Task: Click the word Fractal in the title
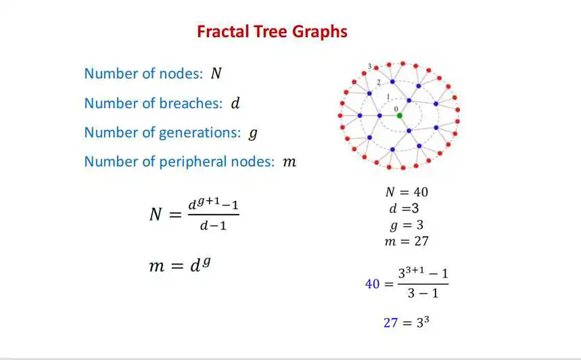coord(223,32)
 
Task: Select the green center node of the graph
coord(400,116)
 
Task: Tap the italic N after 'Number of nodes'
coord(216,73)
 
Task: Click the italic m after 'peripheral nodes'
coord(289,162)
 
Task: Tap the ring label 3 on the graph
coord(369,66)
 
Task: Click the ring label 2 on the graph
coord(378,83)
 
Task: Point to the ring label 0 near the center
coord(396,109)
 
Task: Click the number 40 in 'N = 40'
coord(421,192)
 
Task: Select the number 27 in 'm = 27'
coord(421,242)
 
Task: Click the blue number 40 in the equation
coord(373,284)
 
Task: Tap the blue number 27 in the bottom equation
coord(390,323)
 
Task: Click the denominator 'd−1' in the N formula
coord(213,225)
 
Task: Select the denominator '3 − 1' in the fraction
coord(423,293)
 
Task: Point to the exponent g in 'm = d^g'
coord(206,262)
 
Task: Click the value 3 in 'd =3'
coord(415,208)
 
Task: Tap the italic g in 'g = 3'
coord(394,226)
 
